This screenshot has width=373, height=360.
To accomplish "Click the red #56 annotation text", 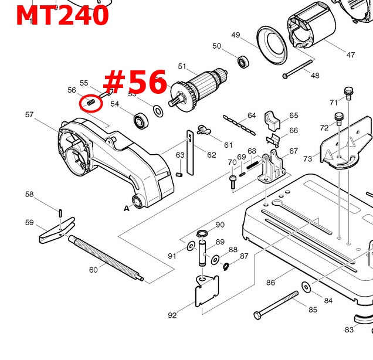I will (135, 82).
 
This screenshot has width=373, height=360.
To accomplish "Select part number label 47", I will (350, 55).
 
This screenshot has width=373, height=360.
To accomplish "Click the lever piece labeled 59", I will (57, 230).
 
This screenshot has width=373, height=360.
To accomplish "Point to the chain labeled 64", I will (240, 125).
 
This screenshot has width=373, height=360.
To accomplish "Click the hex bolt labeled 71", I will (348, 93).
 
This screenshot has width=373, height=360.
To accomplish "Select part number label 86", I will (270, 283).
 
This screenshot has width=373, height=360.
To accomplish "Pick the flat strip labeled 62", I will (191, 144).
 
